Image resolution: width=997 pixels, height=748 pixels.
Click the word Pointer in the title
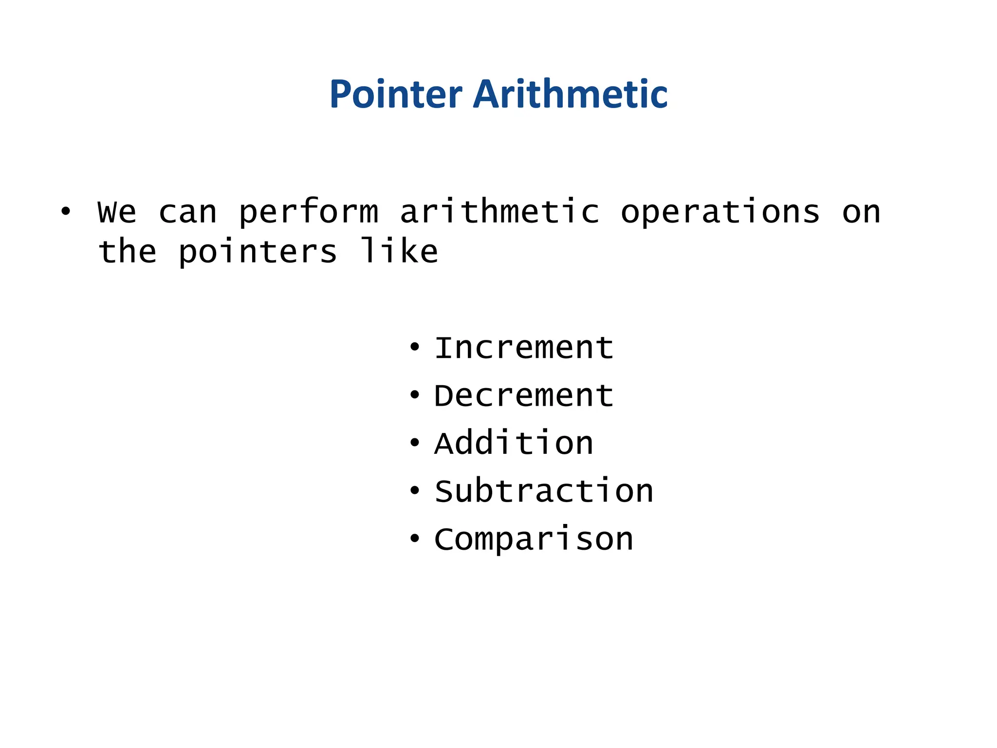click(395, 94)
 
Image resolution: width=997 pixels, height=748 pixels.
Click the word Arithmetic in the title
click(570, 94)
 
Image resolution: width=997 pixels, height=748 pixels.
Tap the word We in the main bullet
click(117, 212)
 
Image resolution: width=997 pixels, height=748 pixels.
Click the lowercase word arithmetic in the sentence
click(499, 212)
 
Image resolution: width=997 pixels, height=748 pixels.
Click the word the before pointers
click(127, 252)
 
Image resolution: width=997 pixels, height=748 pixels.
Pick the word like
click(399, 251)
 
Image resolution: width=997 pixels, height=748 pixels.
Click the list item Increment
click(524, 348)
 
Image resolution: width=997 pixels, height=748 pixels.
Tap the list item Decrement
click(524, 395)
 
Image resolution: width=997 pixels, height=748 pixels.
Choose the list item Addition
click(514, 443)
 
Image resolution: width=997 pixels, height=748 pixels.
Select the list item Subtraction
click(544, 491)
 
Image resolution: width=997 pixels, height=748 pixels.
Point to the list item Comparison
click(534, 540)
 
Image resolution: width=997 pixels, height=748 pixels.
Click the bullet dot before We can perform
click(65, 211)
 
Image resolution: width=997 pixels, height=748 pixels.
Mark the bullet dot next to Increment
click(414, 347)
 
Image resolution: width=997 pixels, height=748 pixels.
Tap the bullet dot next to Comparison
click(414, 538)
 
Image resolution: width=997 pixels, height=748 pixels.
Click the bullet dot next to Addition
click(414, 443)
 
